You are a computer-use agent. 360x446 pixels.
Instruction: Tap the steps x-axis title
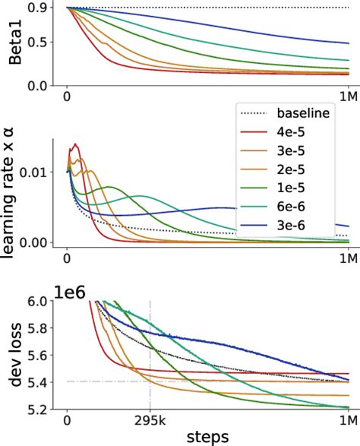pyautogui.click(x=207, y=438)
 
